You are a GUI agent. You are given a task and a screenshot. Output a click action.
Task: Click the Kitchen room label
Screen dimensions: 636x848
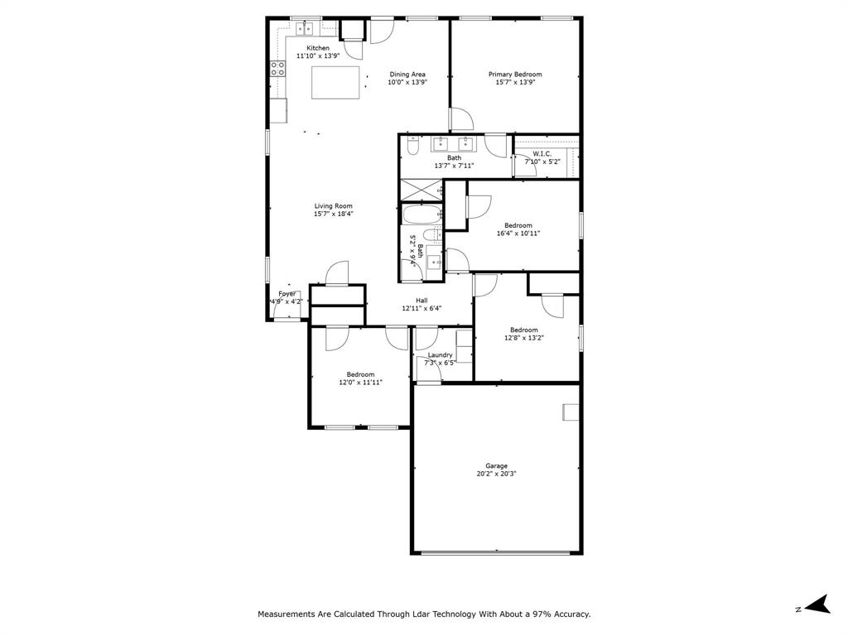(x=318, y=48)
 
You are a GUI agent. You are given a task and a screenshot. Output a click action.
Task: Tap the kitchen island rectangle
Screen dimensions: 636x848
(x=336, y=83)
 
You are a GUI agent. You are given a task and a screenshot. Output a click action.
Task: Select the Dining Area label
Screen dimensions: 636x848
(x=407, y=75)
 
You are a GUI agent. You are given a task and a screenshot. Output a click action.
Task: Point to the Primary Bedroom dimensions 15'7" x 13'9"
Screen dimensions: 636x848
(x=515, y=83)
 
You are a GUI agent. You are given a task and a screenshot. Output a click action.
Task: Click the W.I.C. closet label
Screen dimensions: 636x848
(x=542, y=154)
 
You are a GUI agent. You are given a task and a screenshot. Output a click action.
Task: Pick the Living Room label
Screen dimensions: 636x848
(x=334, y=206)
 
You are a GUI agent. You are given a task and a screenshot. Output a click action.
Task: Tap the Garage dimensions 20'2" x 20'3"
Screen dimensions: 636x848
(x=497, y=475)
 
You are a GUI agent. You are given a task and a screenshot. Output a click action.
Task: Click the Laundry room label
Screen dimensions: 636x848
(x=440, y=354)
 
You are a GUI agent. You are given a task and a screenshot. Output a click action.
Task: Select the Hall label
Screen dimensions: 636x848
(x=422, y=301)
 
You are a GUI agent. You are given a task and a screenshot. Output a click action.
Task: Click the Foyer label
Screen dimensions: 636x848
(x=287, y=294)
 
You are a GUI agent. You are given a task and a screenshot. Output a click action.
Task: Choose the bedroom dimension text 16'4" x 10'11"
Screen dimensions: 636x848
(x=518, y=234)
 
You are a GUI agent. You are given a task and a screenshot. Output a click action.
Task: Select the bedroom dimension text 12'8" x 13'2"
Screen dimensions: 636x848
(x=523, y=338)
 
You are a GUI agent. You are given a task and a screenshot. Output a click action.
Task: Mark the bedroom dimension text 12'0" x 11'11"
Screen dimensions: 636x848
(x=360, y=383)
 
